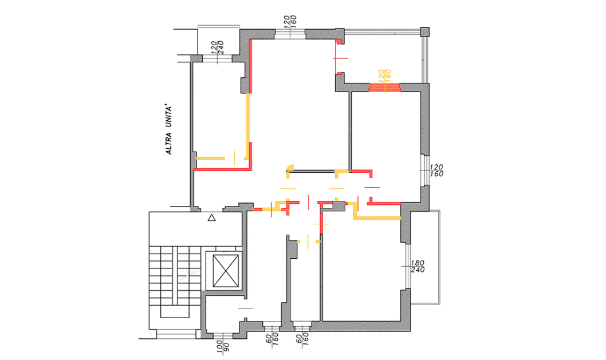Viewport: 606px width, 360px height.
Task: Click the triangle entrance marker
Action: pos(211,218)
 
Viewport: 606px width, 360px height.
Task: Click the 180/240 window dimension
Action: pos(418,267)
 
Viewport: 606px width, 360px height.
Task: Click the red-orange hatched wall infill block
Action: pos(384,88)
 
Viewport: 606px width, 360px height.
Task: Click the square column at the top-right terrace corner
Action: pos(425,31)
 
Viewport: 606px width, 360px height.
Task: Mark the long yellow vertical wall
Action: pos(248,125)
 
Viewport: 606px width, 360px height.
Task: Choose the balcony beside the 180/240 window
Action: pos(425,257)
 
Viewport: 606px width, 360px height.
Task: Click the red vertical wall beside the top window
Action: pos(251,66)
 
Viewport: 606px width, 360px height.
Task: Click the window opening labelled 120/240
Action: pos(217,59)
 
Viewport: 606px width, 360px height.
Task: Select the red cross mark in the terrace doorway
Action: pos(340,58)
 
